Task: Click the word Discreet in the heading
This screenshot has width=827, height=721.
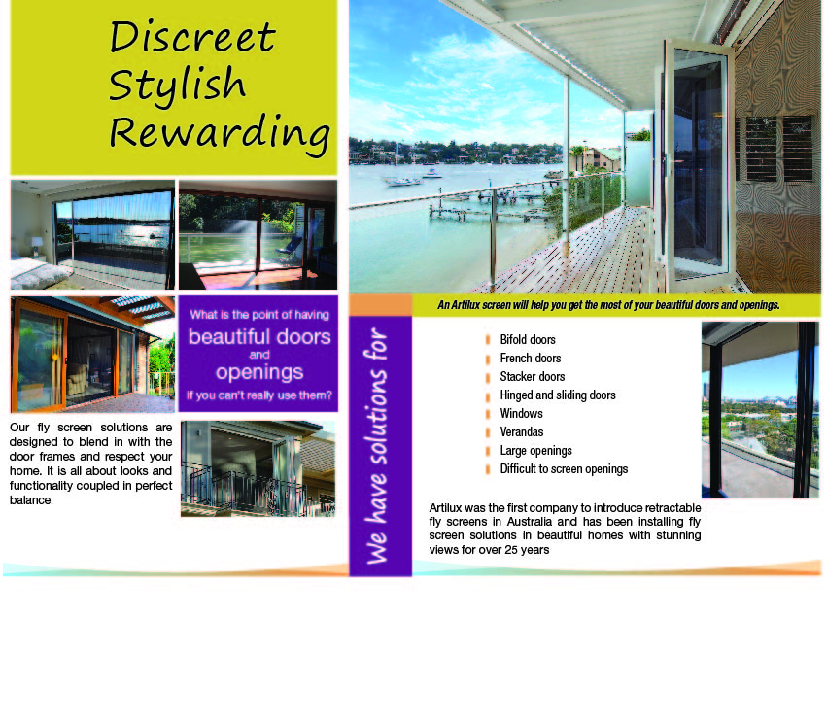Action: [x=192, y=38]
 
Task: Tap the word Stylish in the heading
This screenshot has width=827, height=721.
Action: [x=177, y=84]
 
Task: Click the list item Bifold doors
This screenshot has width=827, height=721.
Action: [x=528, y=340]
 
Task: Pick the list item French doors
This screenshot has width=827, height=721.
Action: [x=531, y=359]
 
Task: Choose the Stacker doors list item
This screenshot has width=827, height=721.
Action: [x=533, y=377]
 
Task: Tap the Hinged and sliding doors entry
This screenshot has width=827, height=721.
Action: [x=558, y=395]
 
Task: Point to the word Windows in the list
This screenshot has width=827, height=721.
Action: [x=522, y=414]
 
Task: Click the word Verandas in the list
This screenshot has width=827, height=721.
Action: [x=522, y=432]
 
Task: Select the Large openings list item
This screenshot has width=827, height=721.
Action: [x=536, y=451]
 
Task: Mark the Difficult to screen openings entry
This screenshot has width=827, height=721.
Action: [x=564, y=469]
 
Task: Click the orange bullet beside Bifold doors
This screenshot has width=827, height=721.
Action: [x=488, y=340]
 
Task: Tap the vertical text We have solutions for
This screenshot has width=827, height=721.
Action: [x=379, y=447]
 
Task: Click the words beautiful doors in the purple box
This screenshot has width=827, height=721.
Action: [x=259, y=337]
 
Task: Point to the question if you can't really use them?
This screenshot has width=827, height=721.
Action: [x=259, y=395]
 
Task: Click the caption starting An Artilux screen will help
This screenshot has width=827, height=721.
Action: [x=608, y=305]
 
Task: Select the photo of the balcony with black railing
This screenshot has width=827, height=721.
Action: [x=258, y=468]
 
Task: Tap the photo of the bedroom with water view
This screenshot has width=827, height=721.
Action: [x=92, y=234]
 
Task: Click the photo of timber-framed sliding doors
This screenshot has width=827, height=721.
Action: [x=92, y=355]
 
